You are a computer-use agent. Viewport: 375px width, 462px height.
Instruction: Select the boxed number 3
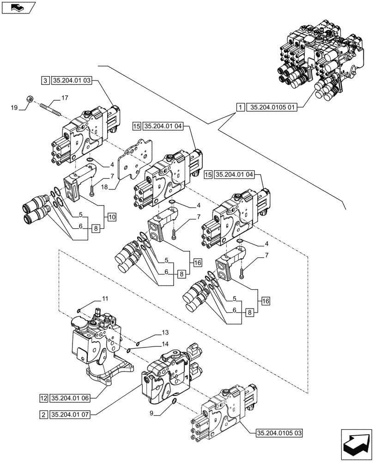click(x=45, y=80)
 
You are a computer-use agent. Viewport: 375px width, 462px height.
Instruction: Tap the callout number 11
click(x=105, y=300)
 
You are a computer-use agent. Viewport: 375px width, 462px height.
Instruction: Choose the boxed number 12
click(x=43, y=397)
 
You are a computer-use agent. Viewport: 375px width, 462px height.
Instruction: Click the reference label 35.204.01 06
click(x=70, y=397)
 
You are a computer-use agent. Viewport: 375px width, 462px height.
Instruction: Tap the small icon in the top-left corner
click(x=18, y=8)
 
